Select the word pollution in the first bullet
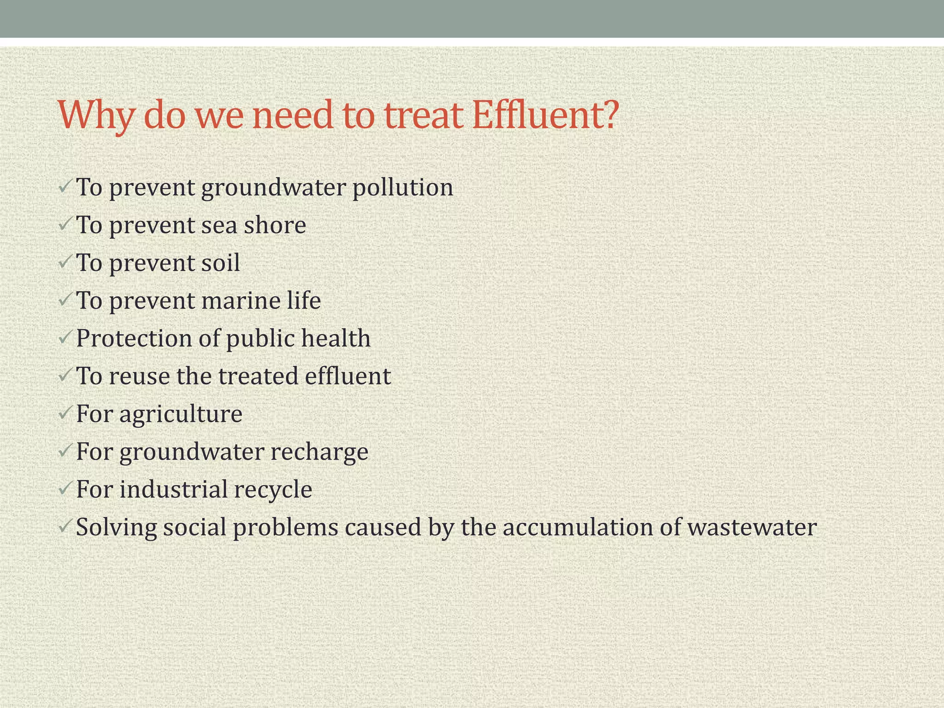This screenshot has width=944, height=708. [x=403, y=188]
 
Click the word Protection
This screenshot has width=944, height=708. [x=134, y=339]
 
